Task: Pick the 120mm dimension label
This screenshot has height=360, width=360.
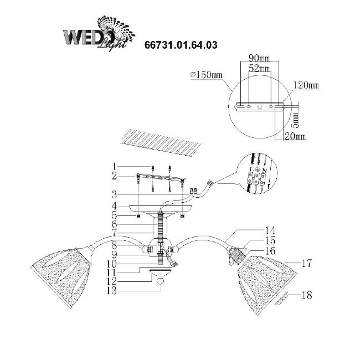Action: [307, 86]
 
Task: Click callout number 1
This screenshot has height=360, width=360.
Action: [113, 166]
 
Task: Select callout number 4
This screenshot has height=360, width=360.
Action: [113, 205]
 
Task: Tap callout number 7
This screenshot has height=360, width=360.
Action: [113, 235]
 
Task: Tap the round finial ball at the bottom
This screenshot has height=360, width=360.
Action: [161, 282]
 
